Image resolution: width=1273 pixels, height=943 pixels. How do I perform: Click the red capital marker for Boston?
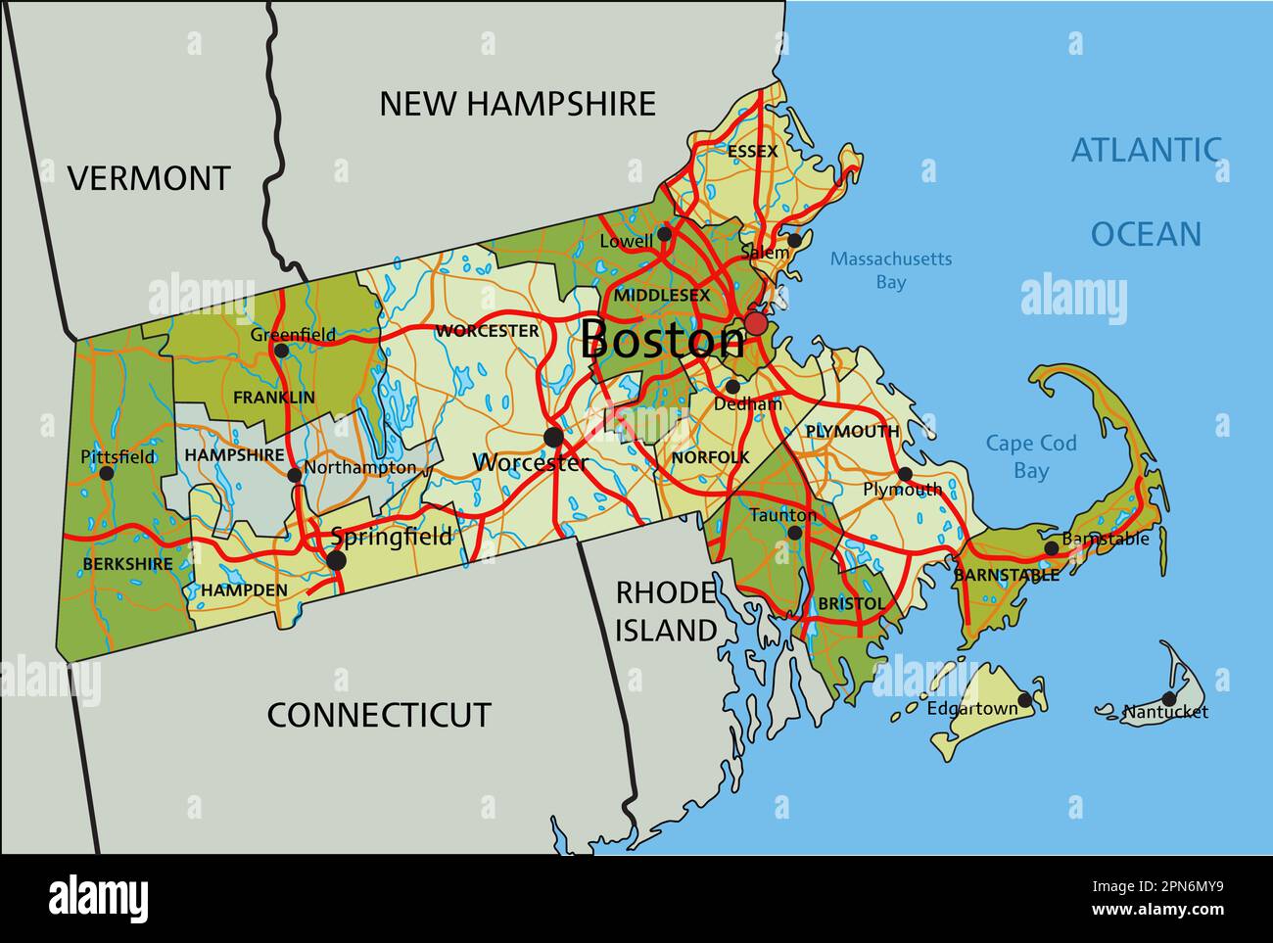[x=756, y=323]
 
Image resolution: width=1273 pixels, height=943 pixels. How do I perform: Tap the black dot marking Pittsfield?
[x=107, y=473]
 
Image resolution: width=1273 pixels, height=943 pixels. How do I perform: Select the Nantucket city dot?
[x=1168, y=698]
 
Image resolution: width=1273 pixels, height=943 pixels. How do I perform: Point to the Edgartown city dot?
[x=1024, y=700]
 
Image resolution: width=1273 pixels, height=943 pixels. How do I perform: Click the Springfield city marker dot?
[x=336, y=560]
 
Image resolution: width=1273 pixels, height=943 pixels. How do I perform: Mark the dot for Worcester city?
[x=553, y=437]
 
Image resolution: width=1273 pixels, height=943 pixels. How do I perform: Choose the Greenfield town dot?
[x=281, y=351]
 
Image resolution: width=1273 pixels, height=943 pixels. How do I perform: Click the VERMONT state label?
[x=149, y=178]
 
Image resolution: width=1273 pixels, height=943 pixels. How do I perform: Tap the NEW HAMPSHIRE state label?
[x=517, y=104]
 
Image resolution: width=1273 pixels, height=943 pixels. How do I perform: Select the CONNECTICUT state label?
[x=379, y=715]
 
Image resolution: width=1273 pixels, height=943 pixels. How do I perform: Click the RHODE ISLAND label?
[x=666, y=612]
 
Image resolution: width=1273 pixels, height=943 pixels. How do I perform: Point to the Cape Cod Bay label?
[x=1030, y=456]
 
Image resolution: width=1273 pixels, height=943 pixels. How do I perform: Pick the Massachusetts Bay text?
[x=890, y=270]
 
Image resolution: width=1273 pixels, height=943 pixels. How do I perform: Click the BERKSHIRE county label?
[x=127, y=564]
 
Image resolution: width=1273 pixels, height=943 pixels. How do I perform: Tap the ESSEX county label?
[x=752, y=151]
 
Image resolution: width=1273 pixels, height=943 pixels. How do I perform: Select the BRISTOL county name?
[x=851, y=603]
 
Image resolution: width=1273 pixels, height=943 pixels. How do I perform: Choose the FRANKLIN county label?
[x=274, y=398]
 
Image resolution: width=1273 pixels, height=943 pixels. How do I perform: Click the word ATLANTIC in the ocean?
[x=1146, y=150]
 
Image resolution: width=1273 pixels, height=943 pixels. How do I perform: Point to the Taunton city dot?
[x=794, y=533]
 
